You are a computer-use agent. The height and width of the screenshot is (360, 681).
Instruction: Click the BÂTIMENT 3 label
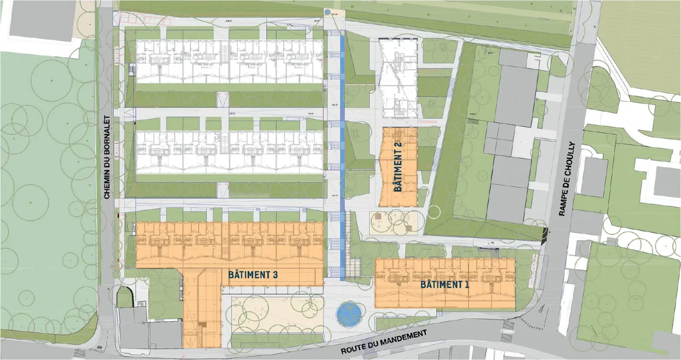click(x=253, y=274)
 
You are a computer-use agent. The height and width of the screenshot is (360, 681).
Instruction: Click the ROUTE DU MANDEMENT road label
click(x=384, y=342)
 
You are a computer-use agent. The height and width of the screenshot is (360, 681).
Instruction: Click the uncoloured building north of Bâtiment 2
click(x=398, y=78)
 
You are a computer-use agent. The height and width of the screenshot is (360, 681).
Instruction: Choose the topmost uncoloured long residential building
click(x=229, y=61)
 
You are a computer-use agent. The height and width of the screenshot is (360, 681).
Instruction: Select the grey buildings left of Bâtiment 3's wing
click(x=149, y=329)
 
